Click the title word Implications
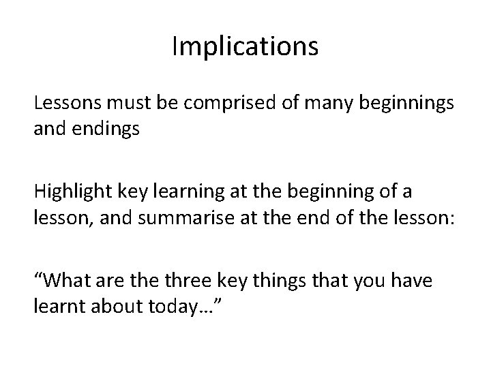click(x=245, y=47)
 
